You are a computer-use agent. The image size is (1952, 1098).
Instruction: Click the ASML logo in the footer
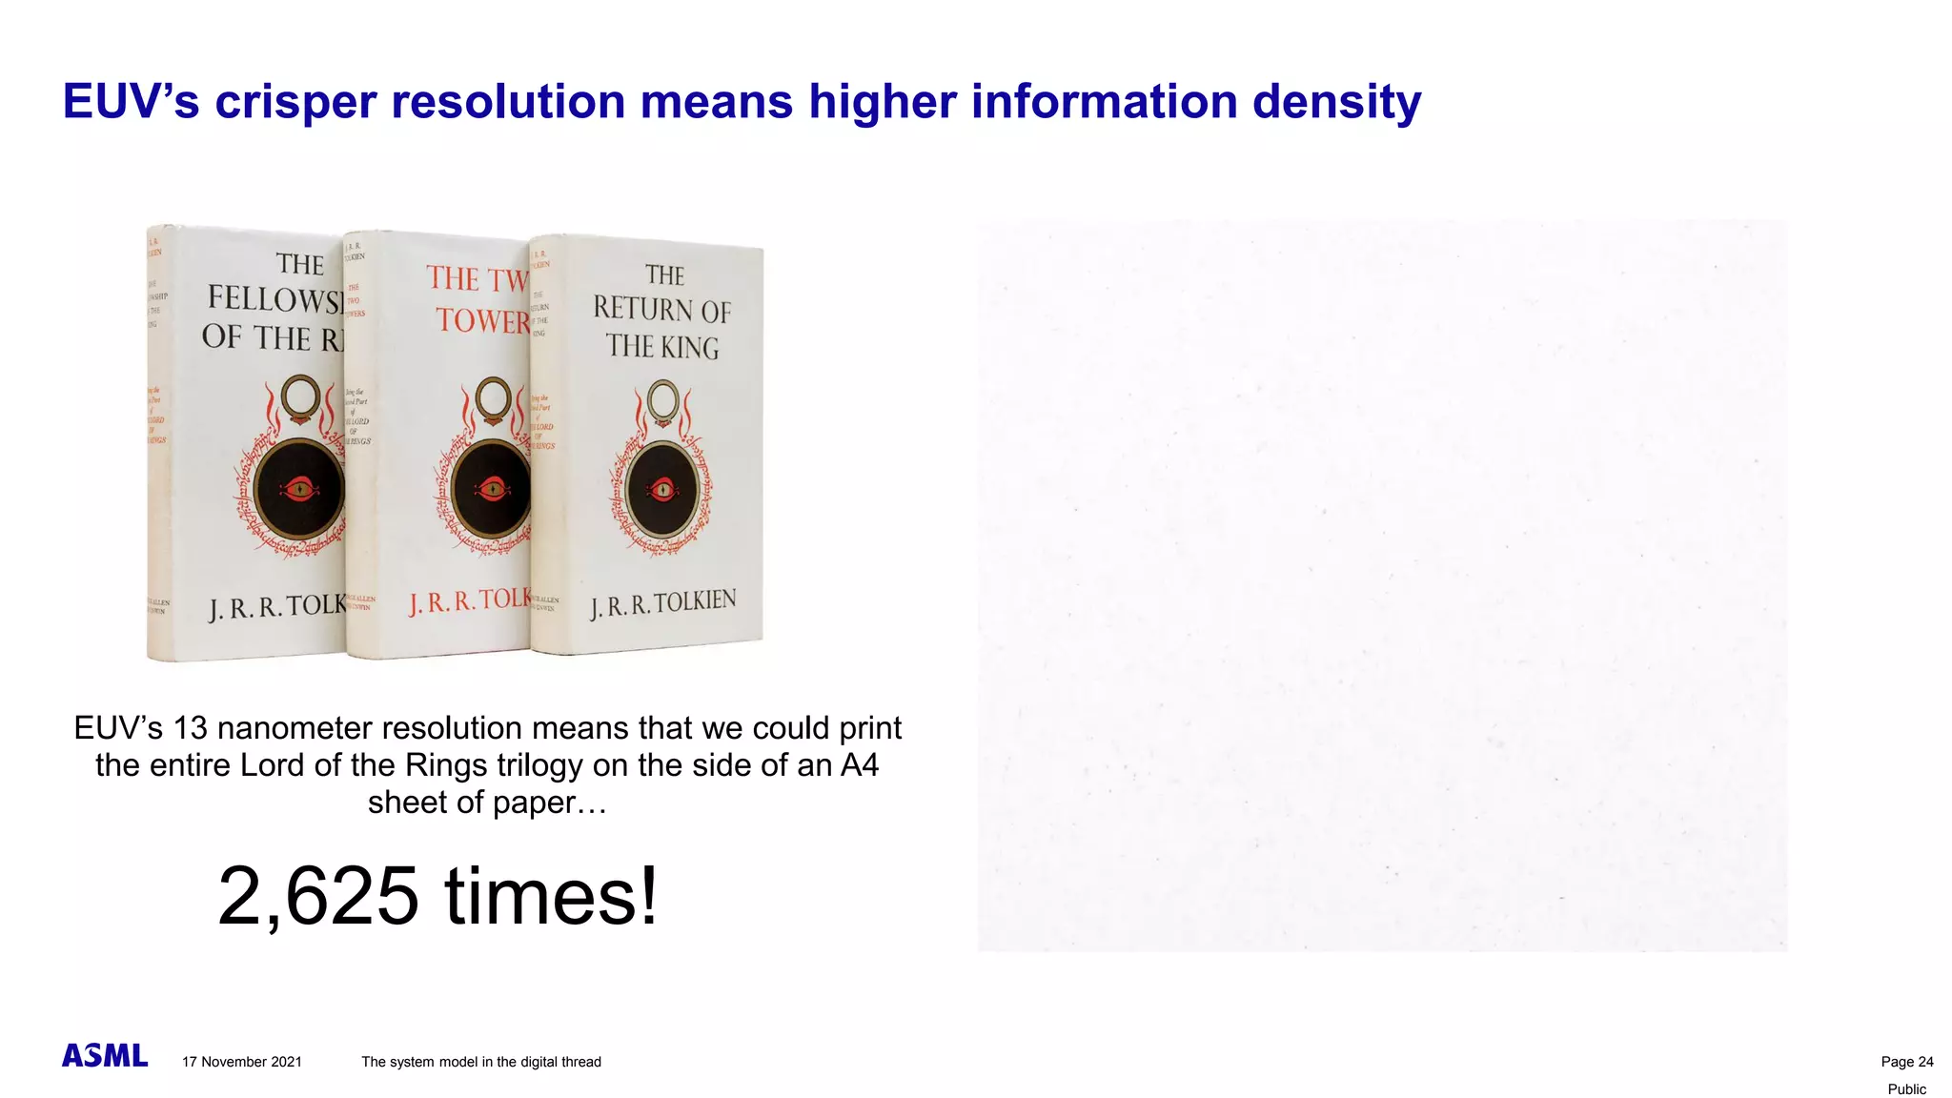point(105,1056)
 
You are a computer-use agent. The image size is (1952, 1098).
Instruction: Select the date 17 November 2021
point(242,1062)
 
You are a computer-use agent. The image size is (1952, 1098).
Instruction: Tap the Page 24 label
point(1906,1062)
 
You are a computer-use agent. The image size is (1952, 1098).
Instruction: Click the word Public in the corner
point(1906,1089)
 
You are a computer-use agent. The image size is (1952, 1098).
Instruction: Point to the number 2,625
point(317,896)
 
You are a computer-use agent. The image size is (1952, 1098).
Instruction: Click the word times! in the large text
point(551,896)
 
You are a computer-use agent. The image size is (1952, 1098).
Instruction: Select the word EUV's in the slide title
point(131,102)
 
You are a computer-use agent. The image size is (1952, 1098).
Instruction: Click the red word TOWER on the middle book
point(482,320)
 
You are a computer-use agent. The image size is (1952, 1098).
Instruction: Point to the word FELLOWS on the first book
point(273,299)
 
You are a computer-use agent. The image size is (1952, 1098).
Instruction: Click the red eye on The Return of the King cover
point(662,491)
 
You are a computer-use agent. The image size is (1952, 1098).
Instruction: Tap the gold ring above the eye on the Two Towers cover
point(493,400)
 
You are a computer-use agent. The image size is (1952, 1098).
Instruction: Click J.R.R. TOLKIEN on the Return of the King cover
point(662,604)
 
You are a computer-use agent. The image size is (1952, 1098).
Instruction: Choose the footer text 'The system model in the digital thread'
point(481,1062)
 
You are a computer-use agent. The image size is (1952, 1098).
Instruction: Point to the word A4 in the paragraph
point(859,765)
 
